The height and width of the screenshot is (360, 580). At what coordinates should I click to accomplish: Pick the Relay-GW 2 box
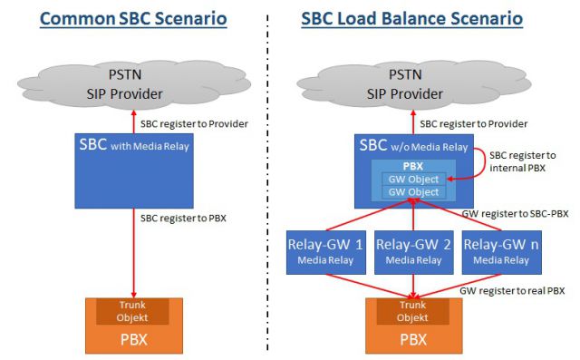(x=414, y=250)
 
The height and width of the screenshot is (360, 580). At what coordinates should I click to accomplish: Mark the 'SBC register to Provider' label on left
(x=194, y=123)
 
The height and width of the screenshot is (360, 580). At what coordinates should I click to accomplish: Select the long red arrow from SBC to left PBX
(x=133, y=254)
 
